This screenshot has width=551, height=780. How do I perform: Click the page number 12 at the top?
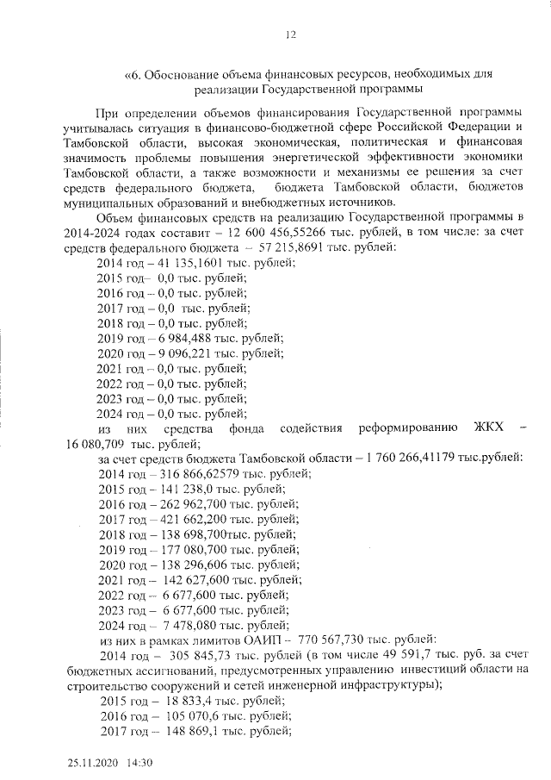point(290,34)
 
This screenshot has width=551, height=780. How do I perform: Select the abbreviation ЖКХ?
point(489,428)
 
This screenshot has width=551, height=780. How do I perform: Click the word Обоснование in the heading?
point(183,75)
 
